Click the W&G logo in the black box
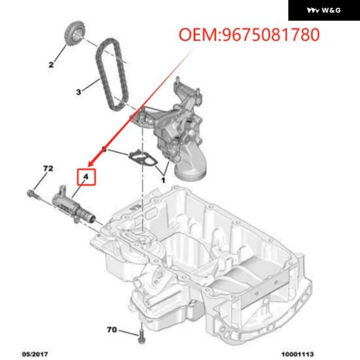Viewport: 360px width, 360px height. coord(324,10)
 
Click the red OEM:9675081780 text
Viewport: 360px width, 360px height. coord(249,35)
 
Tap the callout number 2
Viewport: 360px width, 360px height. coord(51,65)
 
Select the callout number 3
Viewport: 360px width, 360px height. coord(79,92)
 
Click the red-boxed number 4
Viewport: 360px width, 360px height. coord(86,176)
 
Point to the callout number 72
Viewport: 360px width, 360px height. coord(48,169)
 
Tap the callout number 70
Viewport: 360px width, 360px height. coord(112,329)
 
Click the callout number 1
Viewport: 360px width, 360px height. coord(163,180)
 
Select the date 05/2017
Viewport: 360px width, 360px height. coord(35,354)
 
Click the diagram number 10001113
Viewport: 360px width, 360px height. coord(298,354)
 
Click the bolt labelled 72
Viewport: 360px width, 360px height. coord(34,194)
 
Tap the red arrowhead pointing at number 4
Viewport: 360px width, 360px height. coord(91,163)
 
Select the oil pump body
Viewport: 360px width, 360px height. coord(175,128)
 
